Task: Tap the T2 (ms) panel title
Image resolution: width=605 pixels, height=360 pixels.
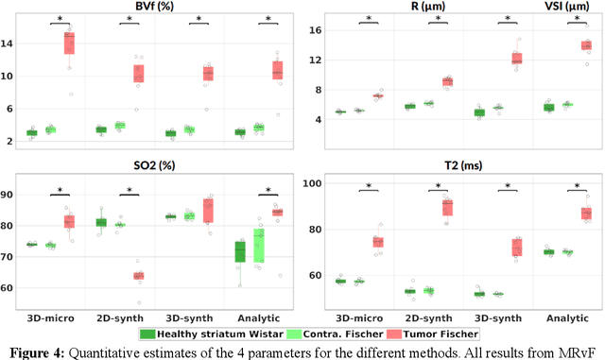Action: tap(463, 166)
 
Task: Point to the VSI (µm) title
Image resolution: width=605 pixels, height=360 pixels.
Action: tap(565, 7)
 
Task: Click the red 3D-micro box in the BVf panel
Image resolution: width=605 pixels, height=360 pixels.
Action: tap(69, 43)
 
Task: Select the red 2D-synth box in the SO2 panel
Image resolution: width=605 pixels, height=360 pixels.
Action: tap(138, 276)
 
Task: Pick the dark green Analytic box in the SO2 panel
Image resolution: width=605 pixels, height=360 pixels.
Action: tap(241, 251)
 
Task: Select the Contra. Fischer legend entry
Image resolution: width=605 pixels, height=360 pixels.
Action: tap(326, 334)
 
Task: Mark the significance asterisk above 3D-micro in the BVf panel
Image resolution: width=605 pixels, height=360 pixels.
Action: tap(60, 19)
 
